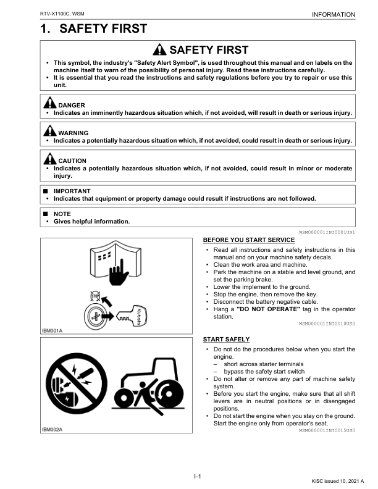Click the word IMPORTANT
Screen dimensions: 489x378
(x=72, y=191)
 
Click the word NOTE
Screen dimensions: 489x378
(x=62, y=214)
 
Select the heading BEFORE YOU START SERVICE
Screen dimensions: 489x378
(x=249, y=240)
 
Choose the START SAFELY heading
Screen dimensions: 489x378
(x=226, y=340)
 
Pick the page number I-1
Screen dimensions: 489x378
(x=198, y=476)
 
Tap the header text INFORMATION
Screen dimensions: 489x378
(x=334, y=14)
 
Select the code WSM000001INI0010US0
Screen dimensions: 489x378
(x=327, y=324)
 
